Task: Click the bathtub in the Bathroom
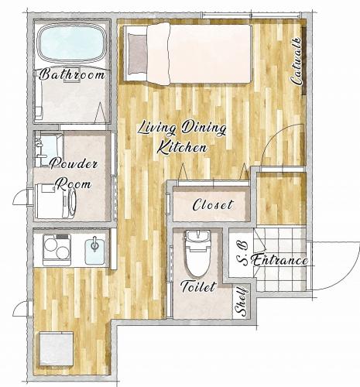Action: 72,43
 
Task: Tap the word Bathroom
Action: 73,74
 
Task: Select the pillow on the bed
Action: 137,54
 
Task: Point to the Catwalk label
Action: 297,61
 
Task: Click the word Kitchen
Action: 182,148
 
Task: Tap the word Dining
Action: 204,128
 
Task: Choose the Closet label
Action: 213,204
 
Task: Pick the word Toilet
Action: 198,286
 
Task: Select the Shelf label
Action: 242,302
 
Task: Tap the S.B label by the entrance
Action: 242,254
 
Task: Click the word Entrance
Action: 279,260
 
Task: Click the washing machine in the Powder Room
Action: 56,200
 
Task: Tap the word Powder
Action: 74,164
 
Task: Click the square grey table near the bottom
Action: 57,349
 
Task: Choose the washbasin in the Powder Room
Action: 49,149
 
